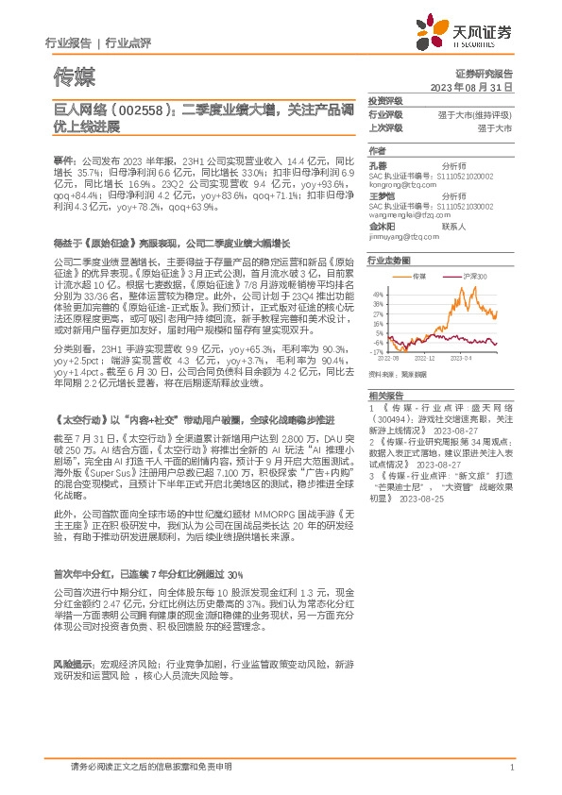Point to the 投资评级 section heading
[385, 100]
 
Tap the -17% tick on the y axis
[377, 352]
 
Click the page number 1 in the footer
[511, 768]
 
